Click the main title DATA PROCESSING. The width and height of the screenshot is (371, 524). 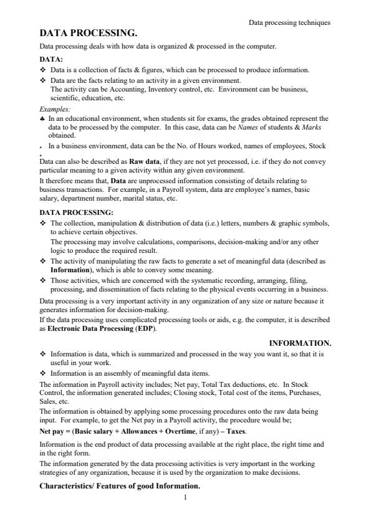(88, 33)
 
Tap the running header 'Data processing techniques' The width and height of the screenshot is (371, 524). (289, 22)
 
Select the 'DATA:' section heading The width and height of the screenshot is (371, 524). (51, 59)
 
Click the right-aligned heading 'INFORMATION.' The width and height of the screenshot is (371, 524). (300, 343)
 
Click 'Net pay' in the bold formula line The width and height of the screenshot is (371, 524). (52, 431)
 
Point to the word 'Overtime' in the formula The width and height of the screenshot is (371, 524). (180, 431)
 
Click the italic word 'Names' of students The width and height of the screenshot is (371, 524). (241, 126)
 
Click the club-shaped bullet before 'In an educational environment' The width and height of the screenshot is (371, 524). (42, 118)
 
